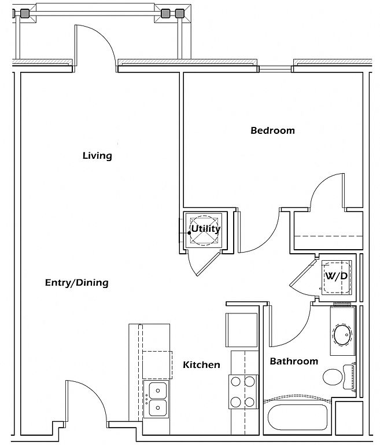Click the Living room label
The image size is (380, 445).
coord(97,155)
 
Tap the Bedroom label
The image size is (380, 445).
coord(272,130)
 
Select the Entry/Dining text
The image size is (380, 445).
coord(77,283)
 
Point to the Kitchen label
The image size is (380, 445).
coord(201,364)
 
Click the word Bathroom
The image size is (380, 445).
coord(294,362)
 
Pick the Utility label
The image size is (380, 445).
coord(206,229)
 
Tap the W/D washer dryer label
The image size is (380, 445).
coord(337,276)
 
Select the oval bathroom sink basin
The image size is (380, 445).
coord(342,335)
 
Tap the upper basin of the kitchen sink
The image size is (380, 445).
coord(157,391)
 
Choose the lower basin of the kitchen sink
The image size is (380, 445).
coord(157,408)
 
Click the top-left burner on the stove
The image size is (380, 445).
coord(236,382)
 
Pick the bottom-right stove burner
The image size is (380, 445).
coord(250,402)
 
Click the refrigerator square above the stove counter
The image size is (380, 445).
coord(241,330)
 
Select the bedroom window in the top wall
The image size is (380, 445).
coord(275,68)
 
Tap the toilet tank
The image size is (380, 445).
coord(349,377)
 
